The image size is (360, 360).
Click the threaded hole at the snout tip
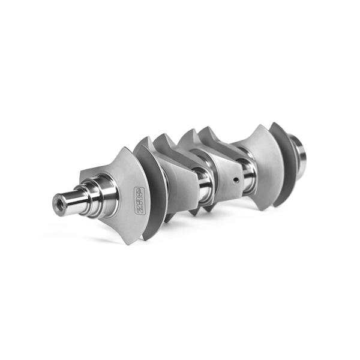59,203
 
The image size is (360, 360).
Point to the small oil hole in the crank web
236,179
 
